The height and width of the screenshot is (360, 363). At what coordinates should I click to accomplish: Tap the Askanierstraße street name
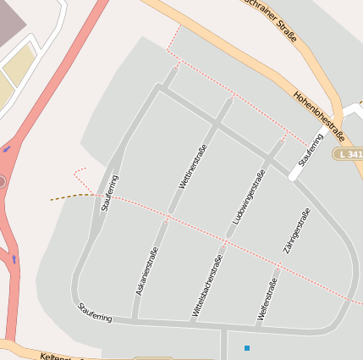click(146, 270)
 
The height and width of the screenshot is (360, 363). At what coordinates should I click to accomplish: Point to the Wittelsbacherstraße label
click(206, 286)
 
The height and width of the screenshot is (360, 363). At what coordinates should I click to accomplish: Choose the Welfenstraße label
click(267, 301)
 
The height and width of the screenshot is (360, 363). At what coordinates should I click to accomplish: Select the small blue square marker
click(247, 348)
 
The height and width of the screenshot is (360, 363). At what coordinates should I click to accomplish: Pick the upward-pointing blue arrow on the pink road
click(14, 258)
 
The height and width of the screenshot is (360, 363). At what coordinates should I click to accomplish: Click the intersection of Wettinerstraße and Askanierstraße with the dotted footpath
click(169, 216)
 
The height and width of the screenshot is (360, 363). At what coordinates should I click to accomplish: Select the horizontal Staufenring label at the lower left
click(95, 312)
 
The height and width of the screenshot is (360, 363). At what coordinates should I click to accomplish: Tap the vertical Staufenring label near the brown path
click(109, 192)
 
